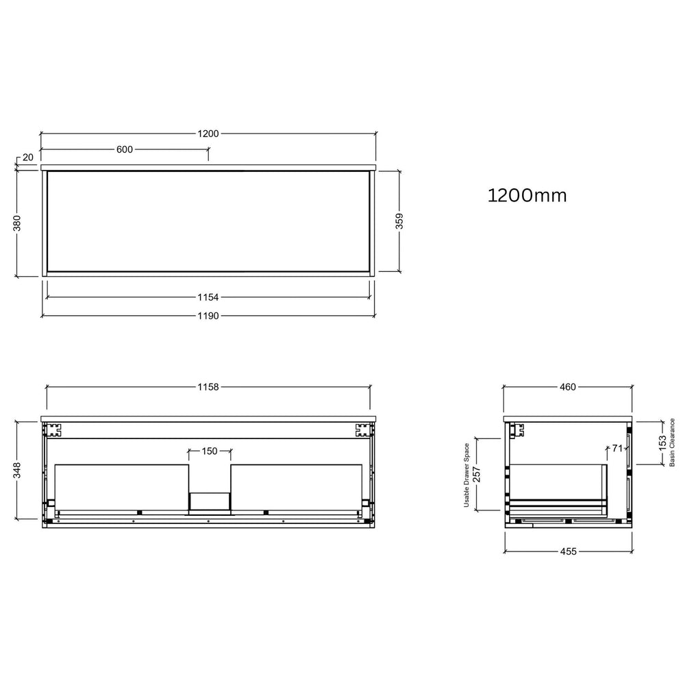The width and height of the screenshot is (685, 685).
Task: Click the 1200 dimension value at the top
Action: (x=208, y=134)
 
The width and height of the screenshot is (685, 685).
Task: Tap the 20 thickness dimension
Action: (x=28, y=158)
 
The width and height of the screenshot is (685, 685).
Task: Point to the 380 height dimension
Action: (x=17, y=223)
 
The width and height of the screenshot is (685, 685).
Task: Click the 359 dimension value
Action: (x=399, y=221)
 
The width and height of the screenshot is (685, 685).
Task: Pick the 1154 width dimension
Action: (x=208, y=297)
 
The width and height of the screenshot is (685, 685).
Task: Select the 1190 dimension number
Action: (x=208, y=316)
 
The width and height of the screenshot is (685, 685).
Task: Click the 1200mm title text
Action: (x=527, y=196)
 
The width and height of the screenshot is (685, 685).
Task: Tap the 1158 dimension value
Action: (x=208, y=387)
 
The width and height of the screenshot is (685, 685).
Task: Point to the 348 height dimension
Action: (x=17, y=469)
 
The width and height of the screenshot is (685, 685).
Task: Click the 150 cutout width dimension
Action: (x=210, y=451)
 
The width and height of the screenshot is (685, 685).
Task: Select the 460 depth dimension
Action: (x=568, y=387)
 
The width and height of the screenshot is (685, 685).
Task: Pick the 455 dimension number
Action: (x=568, y=551)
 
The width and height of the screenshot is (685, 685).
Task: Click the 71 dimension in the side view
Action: (x=616, y=449)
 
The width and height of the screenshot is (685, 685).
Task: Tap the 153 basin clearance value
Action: (x=662, y=443)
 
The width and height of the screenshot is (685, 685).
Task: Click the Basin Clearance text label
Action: (x=673, y=443)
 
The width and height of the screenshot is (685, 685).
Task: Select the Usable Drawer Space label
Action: (x=466, y=474)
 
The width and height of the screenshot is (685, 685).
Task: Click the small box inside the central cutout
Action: (x=210, y=502)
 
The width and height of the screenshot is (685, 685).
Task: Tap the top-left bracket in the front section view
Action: (x=52, y=430)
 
